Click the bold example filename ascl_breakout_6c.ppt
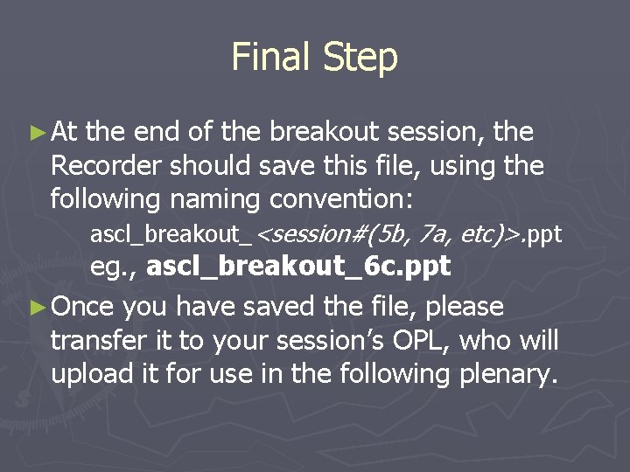(x=298, y=267)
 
